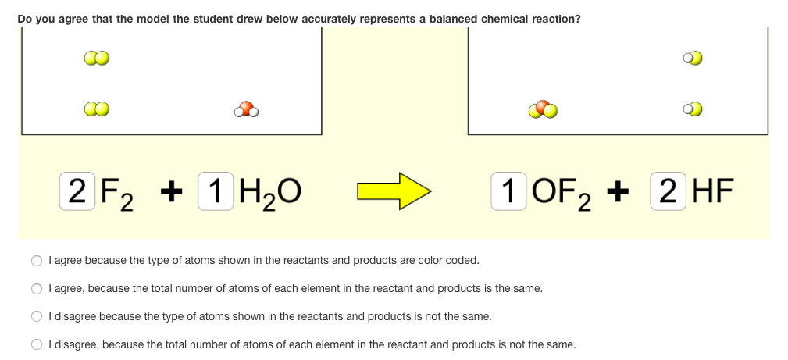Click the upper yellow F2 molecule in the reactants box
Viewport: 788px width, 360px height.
(x=96, y=59)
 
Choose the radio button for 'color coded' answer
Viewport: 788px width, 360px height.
(x=37, y=261)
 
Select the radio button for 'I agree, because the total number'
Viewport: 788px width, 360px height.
(x=37, y=289)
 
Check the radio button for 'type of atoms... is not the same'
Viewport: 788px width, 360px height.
(x=37, y=317)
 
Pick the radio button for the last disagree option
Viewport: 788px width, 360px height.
(x=37, y=344)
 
